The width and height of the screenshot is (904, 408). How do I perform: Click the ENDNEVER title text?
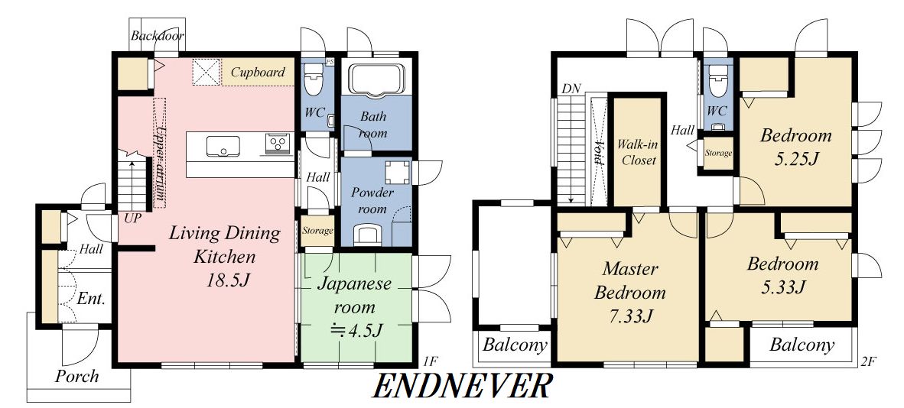coord(462,386)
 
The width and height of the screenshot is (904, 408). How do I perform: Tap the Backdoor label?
coord(158,36)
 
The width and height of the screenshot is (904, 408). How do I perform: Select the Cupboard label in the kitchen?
coord(258,73)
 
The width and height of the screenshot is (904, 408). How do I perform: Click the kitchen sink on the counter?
coord(223,146)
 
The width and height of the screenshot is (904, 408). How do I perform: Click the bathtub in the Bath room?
coord(376,79)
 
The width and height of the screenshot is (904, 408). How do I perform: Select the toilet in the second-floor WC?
coord(718,80)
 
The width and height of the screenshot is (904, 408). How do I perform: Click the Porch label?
coord(76,377)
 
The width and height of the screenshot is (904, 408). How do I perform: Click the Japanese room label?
coord(355,295)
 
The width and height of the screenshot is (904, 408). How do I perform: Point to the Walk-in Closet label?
coord(639,152)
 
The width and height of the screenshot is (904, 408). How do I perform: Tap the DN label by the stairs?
coord(571,89)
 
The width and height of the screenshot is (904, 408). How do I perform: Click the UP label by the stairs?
coord(133,219)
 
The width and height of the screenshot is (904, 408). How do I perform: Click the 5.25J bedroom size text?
coord(795,159)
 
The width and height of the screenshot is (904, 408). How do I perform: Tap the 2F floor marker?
coord(868,362)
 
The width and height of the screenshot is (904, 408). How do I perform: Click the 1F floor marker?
coord(430,362)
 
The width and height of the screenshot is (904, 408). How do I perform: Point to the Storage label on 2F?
coord(718,154)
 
